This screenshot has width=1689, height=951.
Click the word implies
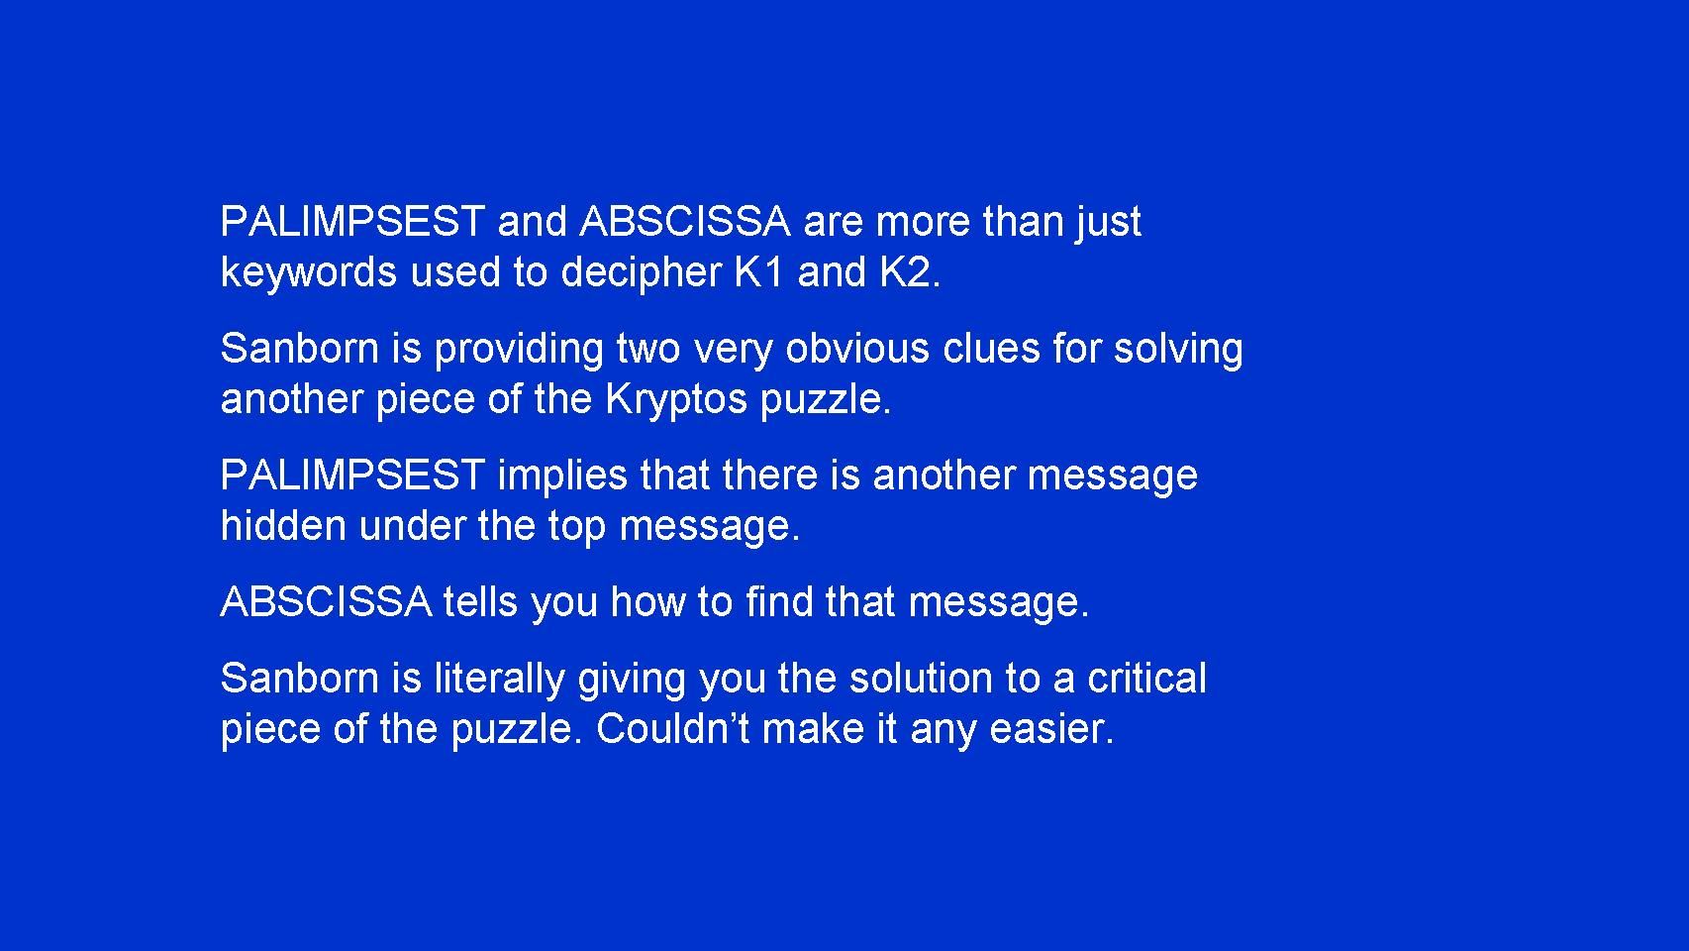pyautogui.click(x=562, y=475)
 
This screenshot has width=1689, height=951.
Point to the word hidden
pyautogui.click(x=283, y=526)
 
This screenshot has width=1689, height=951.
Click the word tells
pyautogui.click(x=480, y=602)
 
